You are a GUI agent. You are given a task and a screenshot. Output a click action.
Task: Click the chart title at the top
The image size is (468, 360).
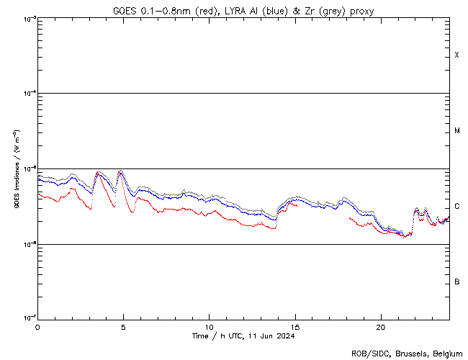point(243,10)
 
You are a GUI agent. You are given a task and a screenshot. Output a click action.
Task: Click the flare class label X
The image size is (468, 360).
point(456,55)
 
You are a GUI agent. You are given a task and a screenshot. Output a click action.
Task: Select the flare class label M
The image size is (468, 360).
point(457,131)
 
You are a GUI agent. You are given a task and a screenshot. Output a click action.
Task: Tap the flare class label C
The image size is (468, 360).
point(457,206)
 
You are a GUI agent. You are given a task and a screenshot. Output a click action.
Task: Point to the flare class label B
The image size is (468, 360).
point(457,282)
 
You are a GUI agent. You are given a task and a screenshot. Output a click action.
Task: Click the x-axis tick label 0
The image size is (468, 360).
point(37,326)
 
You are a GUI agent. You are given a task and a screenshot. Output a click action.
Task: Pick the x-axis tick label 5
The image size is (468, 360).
point(123,326)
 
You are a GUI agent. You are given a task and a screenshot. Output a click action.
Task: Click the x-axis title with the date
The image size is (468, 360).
point(243,336)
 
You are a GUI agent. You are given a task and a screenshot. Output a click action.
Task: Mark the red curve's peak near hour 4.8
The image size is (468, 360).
point(120,171)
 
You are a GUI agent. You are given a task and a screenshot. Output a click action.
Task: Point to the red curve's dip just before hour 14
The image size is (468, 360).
point(274,228)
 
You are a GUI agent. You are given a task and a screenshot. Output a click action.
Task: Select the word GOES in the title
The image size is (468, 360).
point(124,10)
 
